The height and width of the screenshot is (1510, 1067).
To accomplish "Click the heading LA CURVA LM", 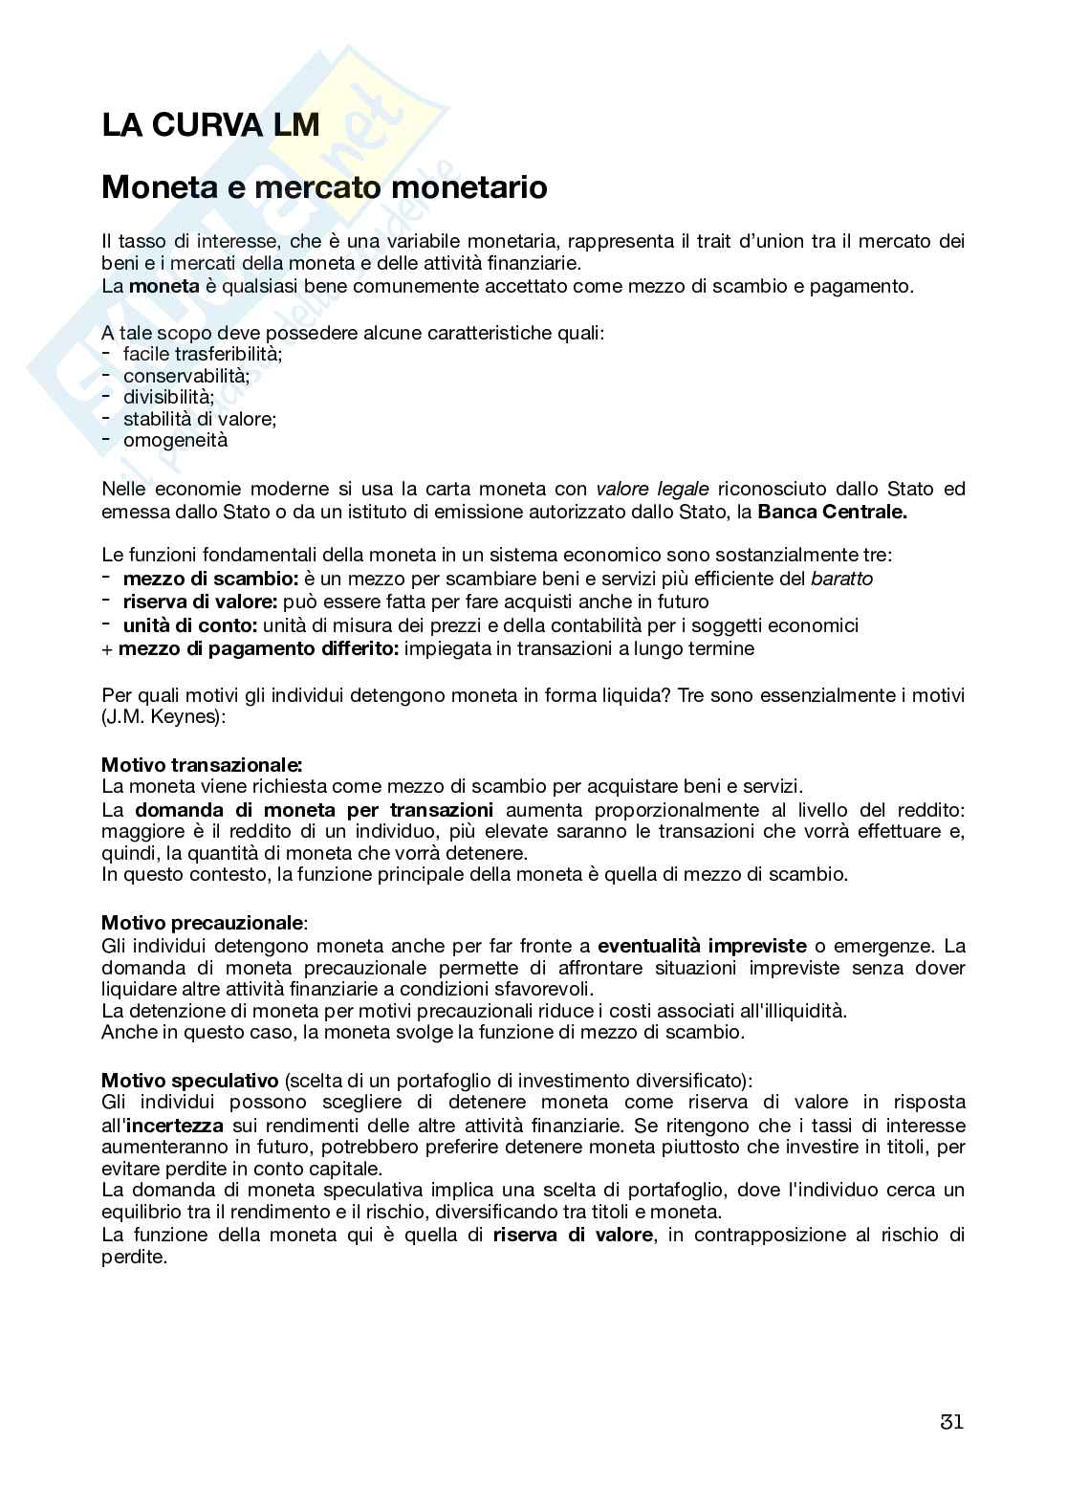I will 210,125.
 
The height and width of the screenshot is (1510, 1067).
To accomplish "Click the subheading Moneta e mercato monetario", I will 324,187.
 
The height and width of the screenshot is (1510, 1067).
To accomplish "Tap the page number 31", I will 951,1421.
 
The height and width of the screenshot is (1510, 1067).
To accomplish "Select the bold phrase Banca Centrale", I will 832,512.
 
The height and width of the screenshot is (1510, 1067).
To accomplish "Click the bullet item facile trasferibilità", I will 203,355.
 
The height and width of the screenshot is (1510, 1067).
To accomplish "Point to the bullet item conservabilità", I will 185,376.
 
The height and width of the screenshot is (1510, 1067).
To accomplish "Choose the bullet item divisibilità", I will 168,397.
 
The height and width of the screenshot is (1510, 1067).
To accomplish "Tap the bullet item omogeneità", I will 175,440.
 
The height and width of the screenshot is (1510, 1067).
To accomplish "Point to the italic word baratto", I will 841,579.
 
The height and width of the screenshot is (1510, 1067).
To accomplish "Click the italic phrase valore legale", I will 652,489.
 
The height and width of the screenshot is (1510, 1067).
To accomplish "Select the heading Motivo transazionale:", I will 202,764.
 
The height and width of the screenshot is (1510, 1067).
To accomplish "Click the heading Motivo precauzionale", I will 203,923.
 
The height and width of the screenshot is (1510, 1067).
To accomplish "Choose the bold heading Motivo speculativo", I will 189,1081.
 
